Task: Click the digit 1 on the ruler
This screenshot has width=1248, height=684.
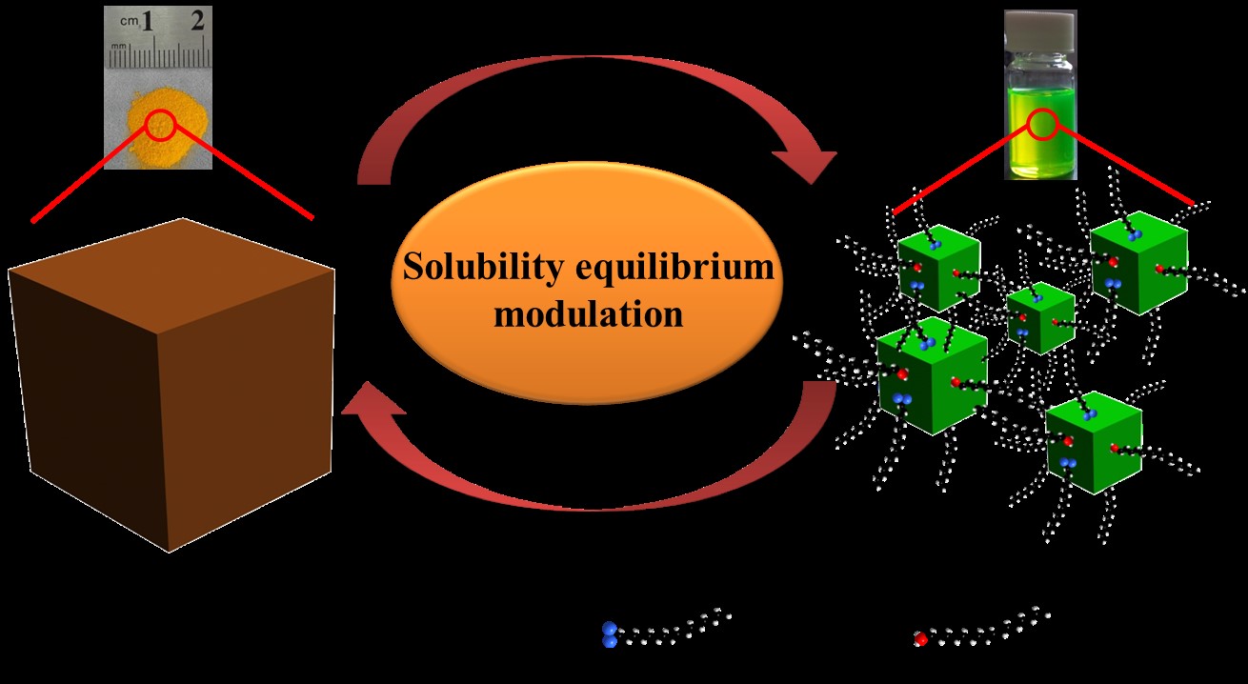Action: click(148, 21)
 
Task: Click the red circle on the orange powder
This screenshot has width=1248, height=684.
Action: click(159, 124)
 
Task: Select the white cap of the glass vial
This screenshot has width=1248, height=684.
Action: click(1040, 24)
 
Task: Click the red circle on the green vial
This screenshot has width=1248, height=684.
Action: click(1041, 125)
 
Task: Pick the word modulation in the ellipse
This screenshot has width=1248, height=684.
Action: click(588, 313)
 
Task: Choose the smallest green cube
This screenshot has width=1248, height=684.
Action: click(1040, 318)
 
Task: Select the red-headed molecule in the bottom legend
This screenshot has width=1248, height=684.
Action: click(981, 625)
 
